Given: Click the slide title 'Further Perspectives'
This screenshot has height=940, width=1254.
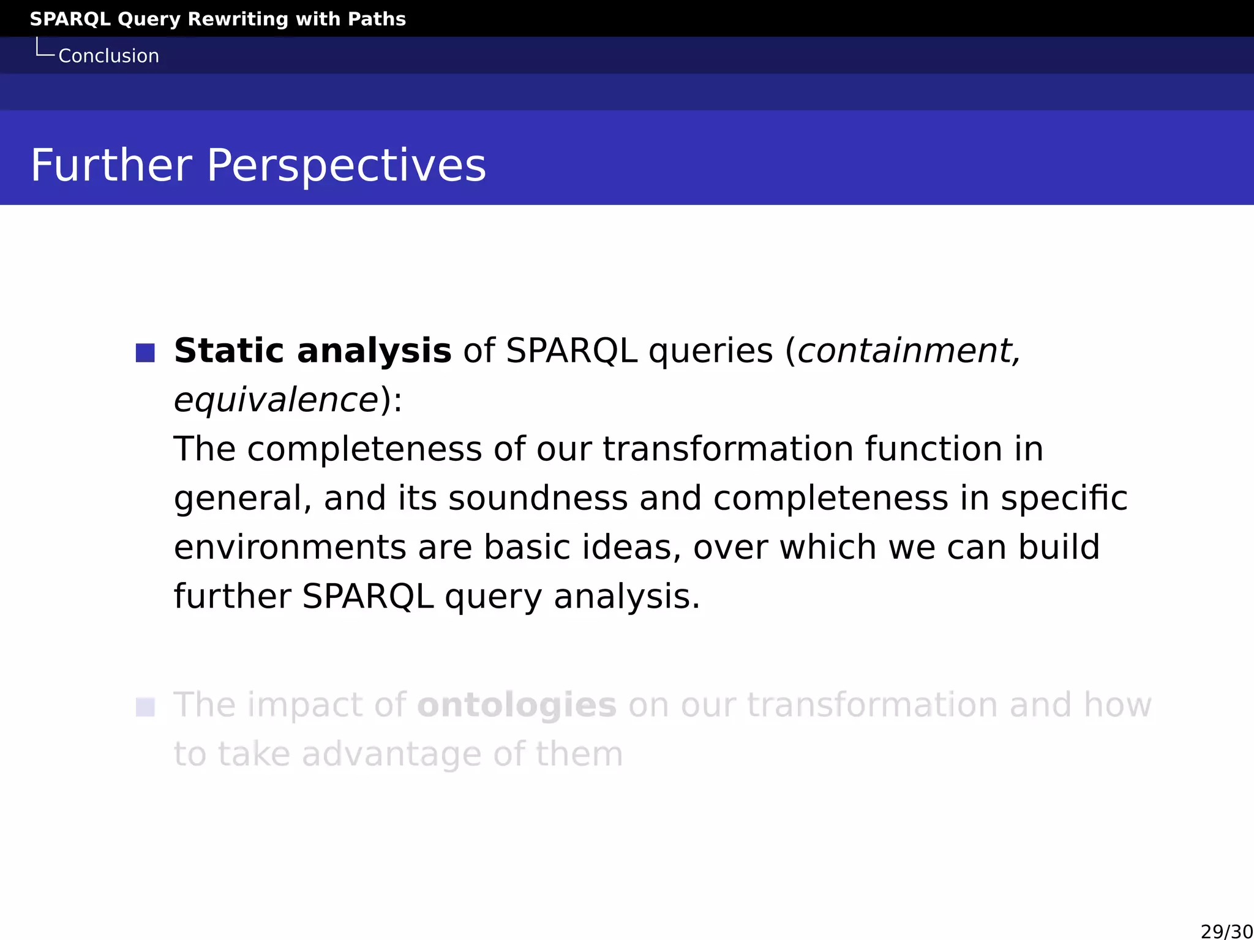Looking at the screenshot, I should (x=258, y=165).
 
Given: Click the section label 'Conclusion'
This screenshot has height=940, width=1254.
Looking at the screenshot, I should (x=108, y=56).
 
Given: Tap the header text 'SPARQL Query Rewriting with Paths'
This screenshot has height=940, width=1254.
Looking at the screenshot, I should (x=217, y=19).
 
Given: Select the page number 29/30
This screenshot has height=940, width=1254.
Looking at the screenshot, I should (x=1226, y=931).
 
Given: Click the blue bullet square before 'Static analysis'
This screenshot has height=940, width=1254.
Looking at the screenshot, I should (x=145, y=352).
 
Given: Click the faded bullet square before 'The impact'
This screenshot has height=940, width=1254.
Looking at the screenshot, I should (x=145, y=707).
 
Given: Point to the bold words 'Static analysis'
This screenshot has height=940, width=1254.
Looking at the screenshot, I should (x=312, y=351).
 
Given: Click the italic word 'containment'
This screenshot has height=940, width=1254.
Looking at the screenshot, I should (x=904, y=351).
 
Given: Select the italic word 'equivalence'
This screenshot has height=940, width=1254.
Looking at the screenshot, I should (x=276, y=400).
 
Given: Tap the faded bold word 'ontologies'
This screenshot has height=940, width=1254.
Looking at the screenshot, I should (x=516, y=705).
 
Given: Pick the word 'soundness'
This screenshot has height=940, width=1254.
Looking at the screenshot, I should (x=538, y=498).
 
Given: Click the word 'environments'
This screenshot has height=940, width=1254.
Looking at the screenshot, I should (x=290, y=547).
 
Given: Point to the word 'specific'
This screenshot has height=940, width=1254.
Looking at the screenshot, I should (x=1064, y=498).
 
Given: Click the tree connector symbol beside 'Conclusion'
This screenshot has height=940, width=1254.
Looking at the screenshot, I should (x=45, y=48).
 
